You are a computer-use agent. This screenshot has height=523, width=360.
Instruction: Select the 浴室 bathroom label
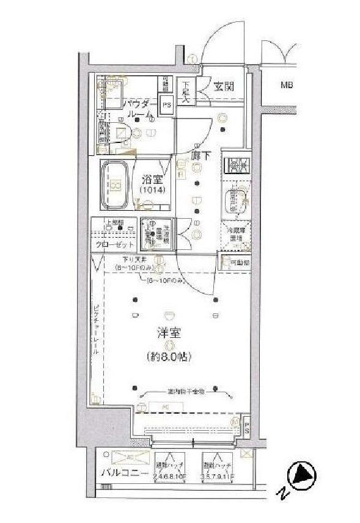click(152, 180)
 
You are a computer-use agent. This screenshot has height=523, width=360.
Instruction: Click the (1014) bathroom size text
click(151, 191)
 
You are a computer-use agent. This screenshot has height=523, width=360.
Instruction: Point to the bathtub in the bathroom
click(114, 181)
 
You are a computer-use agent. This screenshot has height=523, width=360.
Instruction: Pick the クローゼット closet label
click(114, 244)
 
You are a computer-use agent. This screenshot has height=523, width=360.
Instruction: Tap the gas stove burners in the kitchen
click(234, 165)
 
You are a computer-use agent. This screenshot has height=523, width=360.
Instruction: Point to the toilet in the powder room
click(121, 134)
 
